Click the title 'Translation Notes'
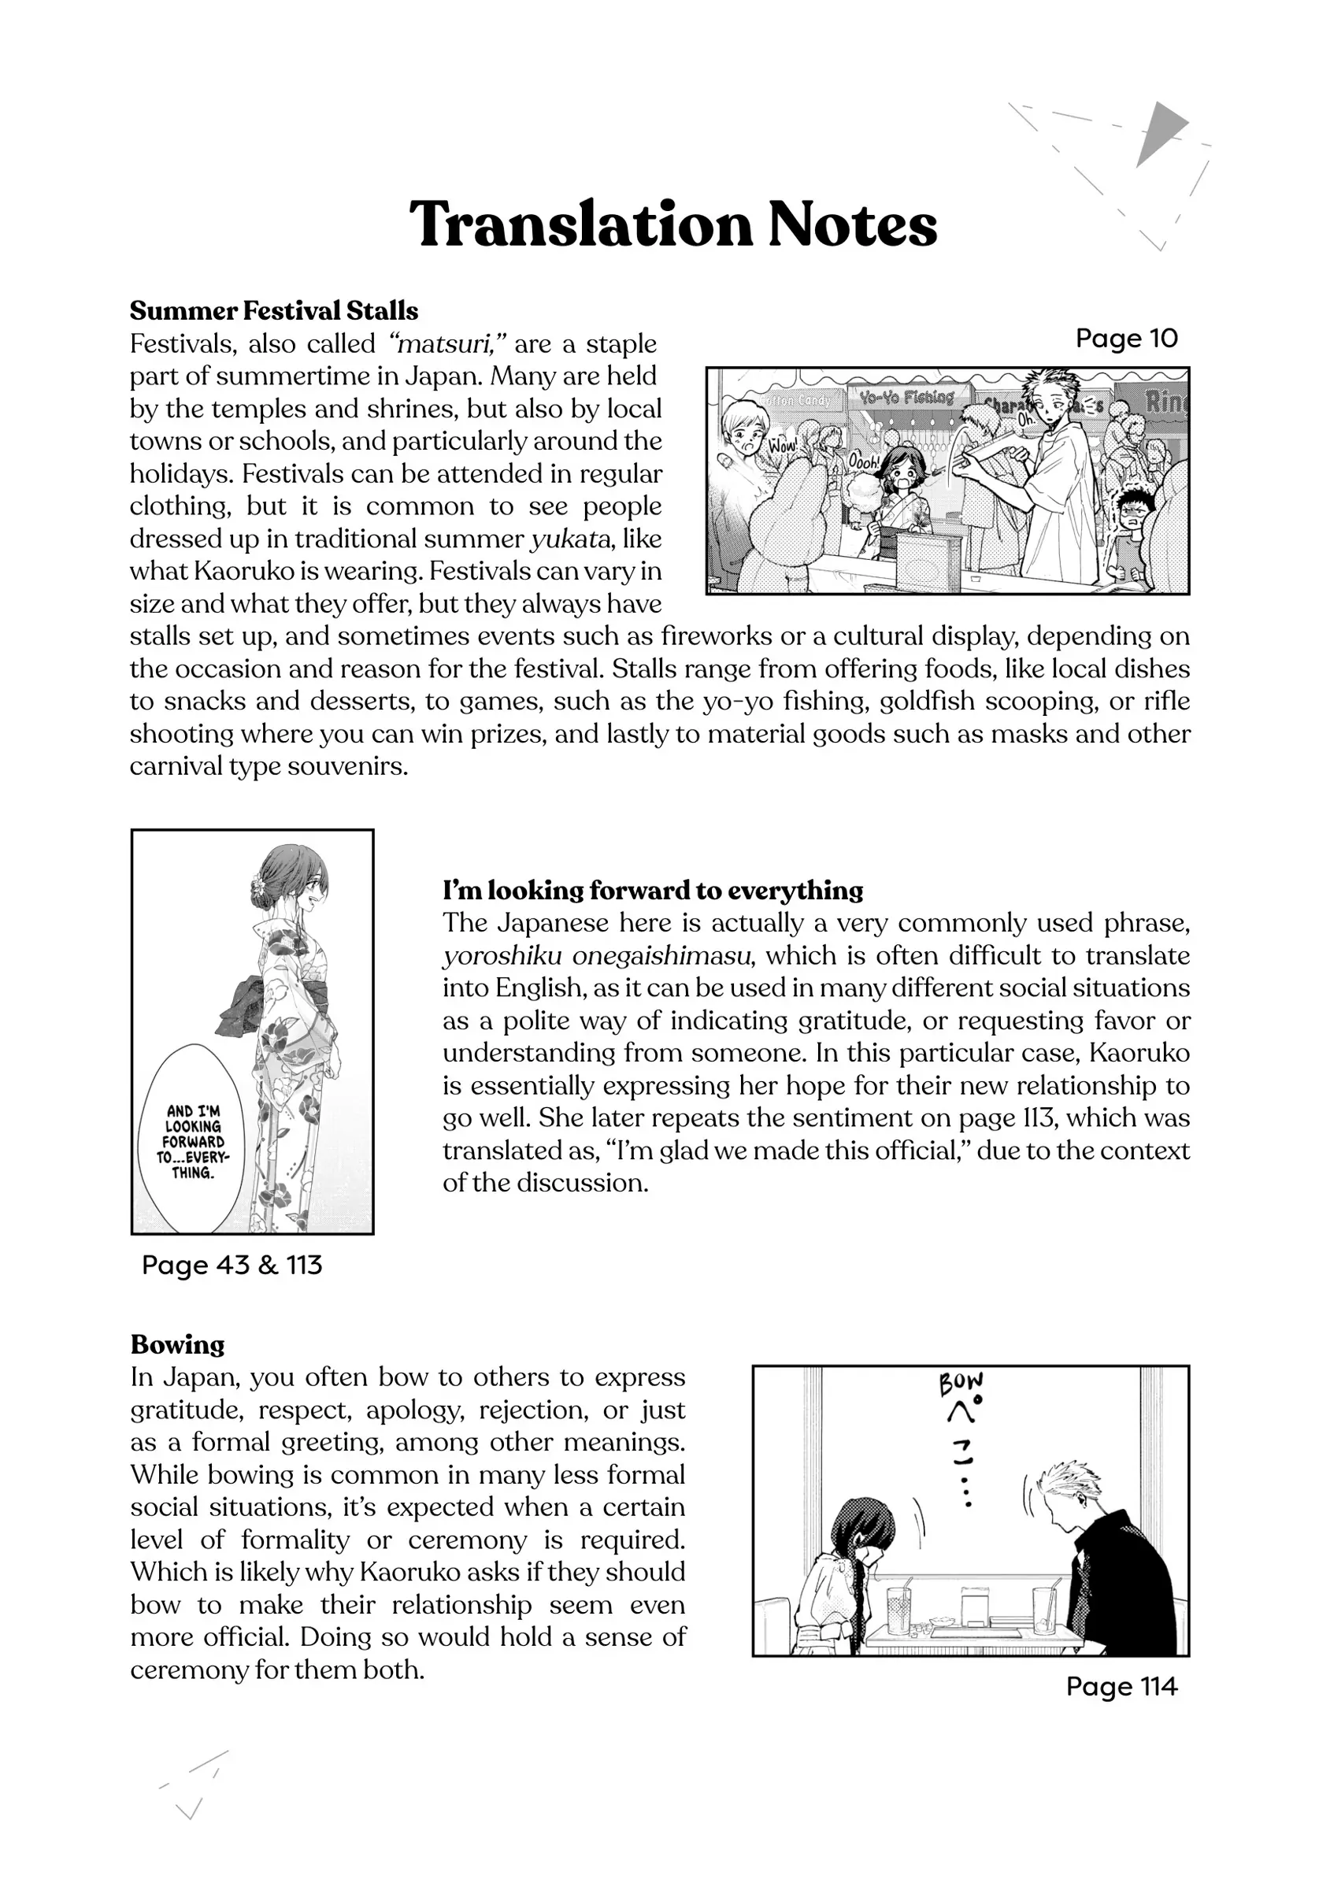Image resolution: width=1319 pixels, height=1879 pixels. (672, 224)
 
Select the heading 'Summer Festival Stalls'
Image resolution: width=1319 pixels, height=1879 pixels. (273, 311)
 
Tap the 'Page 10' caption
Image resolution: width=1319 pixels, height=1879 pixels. (1126, 338)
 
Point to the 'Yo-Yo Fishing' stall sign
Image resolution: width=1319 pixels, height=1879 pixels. (906, 398)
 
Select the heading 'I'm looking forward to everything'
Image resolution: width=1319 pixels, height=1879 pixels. (652, 890)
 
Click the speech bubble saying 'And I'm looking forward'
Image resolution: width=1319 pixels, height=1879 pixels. (193, 1141)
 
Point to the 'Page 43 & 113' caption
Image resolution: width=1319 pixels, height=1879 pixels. (232, 1265)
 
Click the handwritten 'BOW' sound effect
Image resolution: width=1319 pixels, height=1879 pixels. (961, 1384)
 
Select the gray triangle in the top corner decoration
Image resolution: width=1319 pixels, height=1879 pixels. (1158, 131)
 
